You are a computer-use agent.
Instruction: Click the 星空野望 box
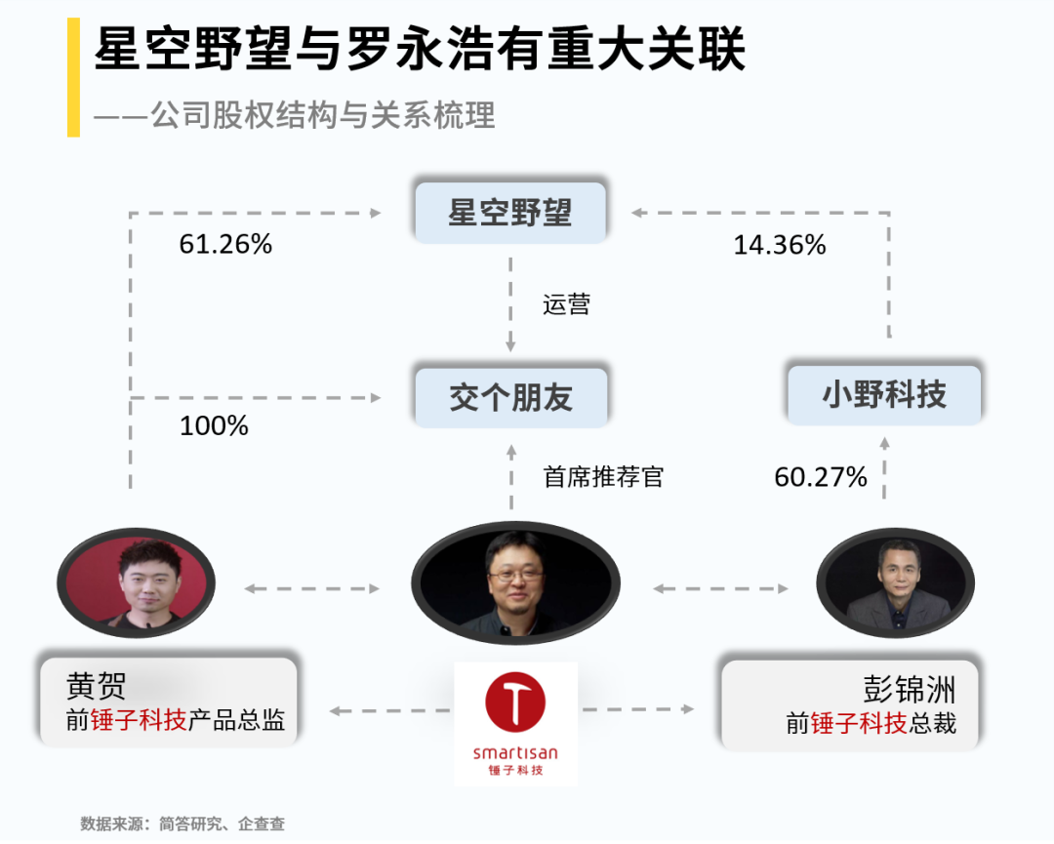[509, 212]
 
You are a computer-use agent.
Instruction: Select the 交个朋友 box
[510, 397]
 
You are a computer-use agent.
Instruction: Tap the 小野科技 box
[884, 395]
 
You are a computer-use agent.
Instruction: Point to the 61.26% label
[225, 244]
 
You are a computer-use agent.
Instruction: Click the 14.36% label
[780, 245]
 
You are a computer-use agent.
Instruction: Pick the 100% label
[214, 425]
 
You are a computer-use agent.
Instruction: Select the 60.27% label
[821, 476]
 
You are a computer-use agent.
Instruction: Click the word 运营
[567, 305]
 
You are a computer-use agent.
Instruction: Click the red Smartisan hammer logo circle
[515, 703]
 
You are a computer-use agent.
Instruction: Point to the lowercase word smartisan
[515, 752]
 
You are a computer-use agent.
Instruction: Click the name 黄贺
[96, 686]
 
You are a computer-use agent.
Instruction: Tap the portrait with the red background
[136, 583]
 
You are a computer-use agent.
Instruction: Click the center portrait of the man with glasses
[514, 583]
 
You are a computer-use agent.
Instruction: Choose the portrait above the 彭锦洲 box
[895, 584]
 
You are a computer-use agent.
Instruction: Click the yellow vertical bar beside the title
[73, 77]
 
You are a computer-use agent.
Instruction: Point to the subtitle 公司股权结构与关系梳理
[322, 115]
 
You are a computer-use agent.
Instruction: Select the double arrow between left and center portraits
[311, 588]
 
